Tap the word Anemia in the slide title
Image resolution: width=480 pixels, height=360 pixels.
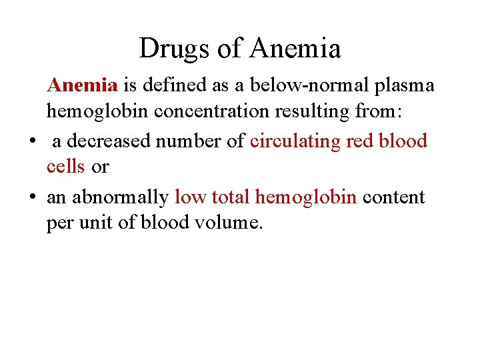point(296,48)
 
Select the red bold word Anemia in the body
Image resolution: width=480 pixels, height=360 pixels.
point(82,85)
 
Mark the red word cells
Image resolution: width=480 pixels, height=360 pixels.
point(65,167)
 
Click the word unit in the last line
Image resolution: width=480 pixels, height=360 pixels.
point(95,223)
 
